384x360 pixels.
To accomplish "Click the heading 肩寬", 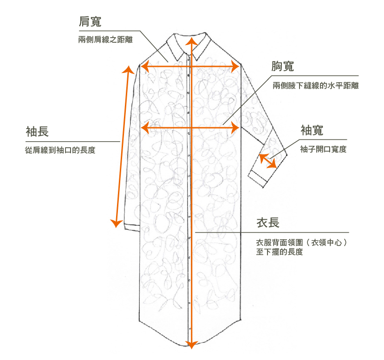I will (90, 21).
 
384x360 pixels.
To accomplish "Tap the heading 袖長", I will (37, 131).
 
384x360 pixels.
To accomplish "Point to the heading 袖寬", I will (312, 130).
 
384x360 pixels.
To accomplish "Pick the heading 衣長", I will (268, 223).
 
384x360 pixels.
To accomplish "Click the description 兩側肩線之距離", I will (106, 40).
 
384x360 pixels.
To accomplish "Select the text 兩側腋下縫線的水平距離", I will (316, 85).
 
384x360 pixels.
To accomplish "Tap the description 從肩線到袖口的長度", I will (60, 151).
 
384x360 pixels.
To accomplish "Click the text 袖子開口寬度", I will (324, 149).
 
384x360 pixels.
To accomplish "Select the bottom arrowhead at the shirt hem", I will (190, 344).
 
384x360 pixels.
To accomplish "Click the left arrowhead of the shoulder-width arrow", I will (144, 67).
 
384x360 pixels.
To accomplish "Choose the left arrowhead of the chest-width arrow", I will (144, 127).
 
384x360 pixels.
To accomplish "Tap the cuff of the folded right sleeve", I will (259, 179).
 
